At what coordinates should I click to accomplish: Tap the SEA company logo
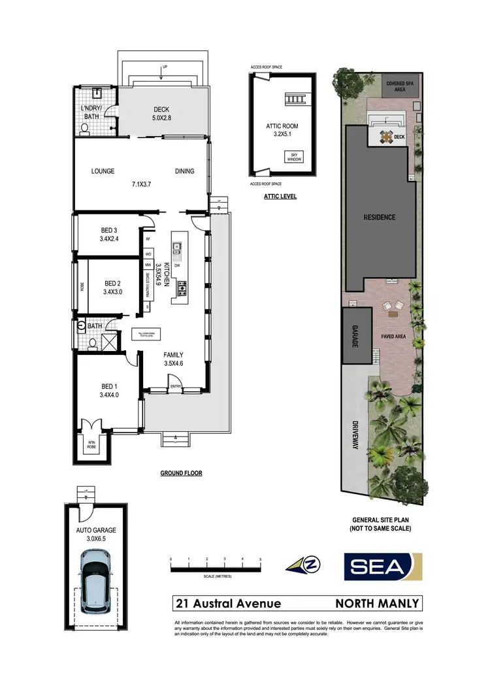click(383, 567)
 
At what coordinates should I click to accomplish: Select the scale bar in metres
click(216, 569)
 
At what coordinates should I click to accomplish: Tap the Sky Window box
click(290, 157)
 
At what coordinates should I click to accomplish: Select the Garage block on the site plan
click(354, 337)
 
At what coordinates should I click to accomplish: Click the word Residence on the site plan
click(379, 217)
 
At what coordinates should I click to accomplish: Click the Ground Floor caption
click(181, 474)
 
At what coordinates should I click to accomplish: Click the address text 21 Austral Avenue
click(227, 603)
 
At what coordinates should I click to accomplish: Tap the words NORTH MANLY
click(377, 603)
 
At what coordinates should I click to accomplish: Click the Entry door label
click(176, 387)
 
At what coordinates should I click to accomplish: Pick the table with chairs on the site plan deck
click(385, 137)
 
